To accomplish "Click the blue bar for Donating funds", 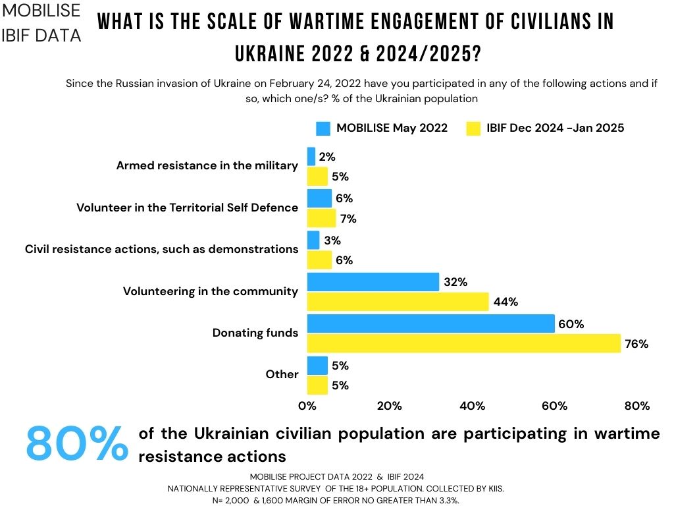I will pyautogui.click(x=430, y=323).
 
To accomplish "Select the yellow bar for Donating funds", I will pyautogui.click(x=463, y=343).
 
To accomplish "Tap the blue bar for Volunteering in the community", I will pyautogui.click(x=373, y=282).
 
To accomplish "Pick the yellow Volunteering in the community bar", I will pyautogui.click(x=398, y=302).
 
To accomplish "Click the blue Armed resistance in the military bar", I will pyautogui.click(x=311, y=156).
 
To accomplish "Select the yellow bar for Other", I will pyautogui.click(x=317, y=385).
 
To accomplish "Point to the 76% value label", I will pyautogui.click(x=637, y=343).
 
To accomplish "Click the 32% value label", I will pyautogui.click(x=455, y=282).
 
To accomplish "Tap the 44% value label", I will pyautogui.click(x=505, y=302).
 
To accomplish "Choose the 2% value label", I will pyautogui.click(x=327, y=157).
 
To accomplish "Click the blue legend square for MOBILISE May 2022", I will pyautogui.click(x=323, y=128).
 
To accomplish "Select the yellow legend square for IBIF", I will pyautogui.click(x=472, y=128).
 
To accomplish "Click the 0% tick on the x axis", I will pyautogui.click(x=307, y=406).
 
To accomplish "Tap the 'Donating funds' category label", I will pyautogui.click(x=255, y=333).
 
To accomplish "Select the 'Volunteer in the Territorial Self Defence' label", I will pyautogui.click(x=187, y=208).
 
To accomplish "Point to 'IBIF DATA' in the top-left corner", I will pyautogui.click(x=42, y=34).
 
